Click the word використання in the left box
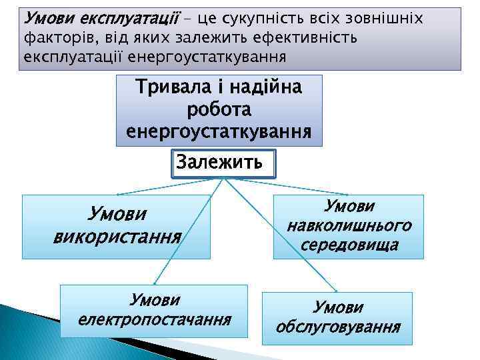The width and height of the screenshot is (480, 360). click(x=117, y=236)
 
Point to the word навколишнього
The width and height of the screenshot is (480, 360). click(x=349, y=225)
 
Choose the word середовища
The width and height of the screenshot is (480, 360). click(x=349, y=245)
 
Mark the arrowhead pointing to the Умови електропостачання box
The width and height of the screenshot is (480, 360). click(x=155, y=283)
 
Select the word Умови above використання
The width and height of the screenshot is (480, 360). click(x=118, y=215)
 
